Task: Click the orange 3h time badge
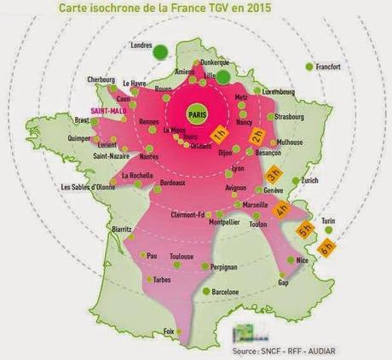(x=274, y=174)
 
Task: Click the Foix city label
(x=169, y=331)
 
